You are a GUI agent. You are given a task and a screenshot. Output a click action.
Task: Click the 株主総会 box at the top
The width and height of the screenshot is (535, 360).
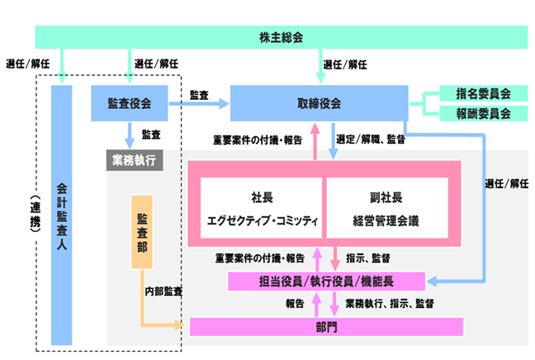[281, 37]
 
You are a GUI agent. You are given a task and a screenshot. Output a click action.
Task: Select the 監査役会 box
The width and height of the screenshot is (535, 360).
[130, 104]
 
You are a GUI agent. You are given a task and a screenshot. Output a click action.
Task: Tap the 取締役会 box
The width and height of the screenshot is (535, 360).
[319, 104]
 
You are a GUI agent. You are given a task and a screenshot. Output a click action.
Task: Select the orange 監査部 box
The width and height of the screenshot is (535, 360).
[143, 232]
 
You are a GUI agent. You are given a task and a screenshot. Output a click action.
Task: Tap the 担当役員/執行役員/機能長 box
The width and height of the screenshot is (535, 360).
[325, 281]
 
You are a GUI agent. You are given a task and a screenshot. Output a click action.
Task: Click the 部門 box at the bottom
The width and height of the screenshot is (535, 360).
[325, 326]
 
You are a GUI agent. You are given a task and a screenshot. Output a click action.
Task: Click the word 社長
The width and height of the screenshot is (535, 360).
[262, 198]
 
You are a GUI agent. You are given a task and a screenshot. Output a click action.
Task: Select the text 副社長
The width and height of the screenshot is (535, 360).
[386, 198]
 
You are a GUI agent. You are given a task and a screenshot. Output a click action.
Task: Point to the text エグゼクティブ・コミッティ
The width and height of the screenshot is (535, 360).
[262, 220]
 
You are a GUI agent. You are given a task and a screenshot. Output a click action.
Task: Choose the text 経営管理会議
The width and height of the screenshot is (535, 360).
[386, 220]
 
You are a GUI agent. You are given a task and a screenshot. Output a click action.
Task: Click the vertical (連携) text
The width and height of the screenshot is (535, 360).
[33, 216]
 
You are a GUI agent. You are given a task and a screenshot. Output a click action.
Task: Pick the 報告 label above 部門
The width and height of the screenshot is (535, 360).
[295, 304]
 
